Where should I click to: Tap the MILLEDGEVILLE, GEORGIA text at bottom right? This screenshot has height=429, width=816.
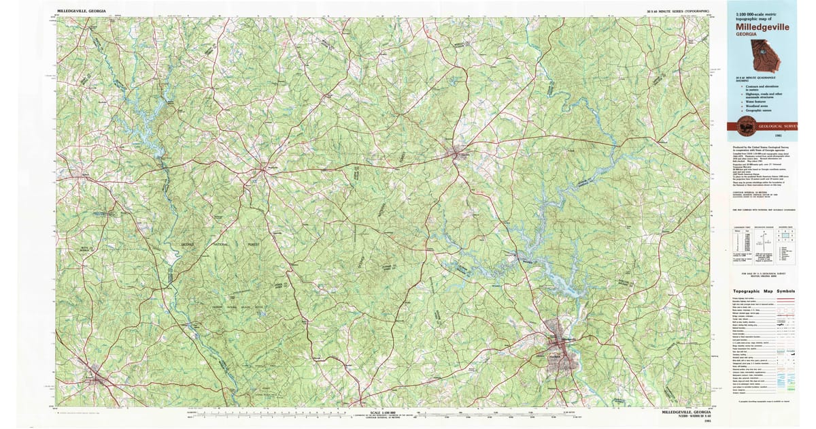[687, 413]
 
